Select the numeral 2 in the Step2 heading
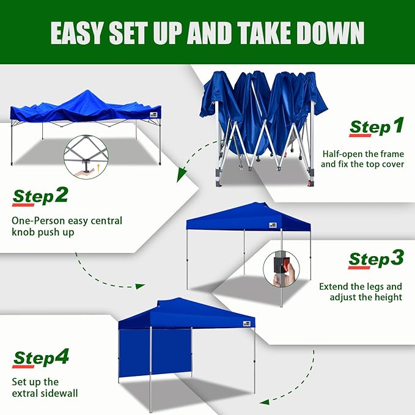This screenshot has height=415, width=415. click(61, 195)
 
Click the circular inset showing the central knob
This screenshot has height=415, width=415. click(85, 157)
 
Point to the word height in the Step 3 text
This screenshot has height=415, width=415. click(387, 297)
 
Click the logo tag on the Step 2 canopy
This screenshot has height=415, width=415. click(151, 112)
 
